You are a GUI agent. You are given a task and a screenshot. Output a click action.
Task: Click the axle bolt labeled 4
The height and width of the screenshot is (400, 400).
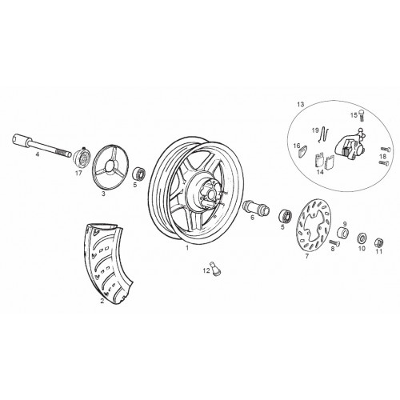coord(42,145)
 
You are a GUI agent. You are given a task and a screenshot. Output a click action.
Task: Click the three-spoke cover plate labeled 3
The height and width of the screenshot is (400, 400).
coord(110,166)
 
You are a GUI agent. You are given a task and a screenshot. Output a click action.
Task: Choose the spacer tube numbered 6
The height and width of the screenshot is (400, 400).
coord(256,207)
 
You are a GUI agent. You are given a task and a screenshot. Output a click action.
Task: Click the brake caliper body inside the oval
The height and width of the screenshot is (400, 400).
coord(350,146)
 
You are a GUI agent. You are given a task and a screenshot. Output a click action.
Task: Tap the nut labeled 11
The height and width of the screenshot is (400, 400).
coord(378,242)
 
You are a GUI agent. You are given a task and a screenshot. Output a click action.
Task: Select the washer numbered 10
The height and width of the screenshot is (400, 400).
coord(362,238)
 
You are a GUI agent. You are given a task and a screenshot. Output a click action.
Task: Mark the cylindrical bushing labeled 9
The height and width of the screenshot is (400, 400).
coord(342,233)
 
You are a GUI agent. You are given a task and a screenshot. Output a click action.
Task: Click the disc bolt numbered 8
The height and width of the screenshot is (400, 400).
coord(334,242)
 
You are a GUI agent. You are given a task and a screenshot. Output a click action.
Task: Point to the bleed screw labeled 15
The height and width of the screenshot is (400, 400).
coord(362,115)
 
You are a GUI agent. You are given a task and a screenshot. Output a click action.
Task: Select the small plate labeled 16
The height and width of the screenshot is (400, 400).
coord(302,152)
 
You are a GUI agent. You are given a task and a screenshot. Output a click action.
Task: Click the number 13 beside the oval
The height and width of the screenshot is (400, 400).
coord(300,104)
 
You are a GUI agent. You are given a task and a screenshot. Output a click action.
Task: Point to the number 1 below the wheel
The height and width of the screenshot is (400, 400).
coord(187,247)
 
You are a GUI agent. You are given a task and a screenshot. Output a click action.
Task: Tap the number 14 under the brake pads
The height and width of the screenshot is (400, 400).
coord(320,172)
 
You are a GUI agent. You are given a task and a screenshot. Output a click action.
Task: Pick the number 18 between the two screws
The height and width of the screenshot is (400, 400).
coord(382,156)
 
